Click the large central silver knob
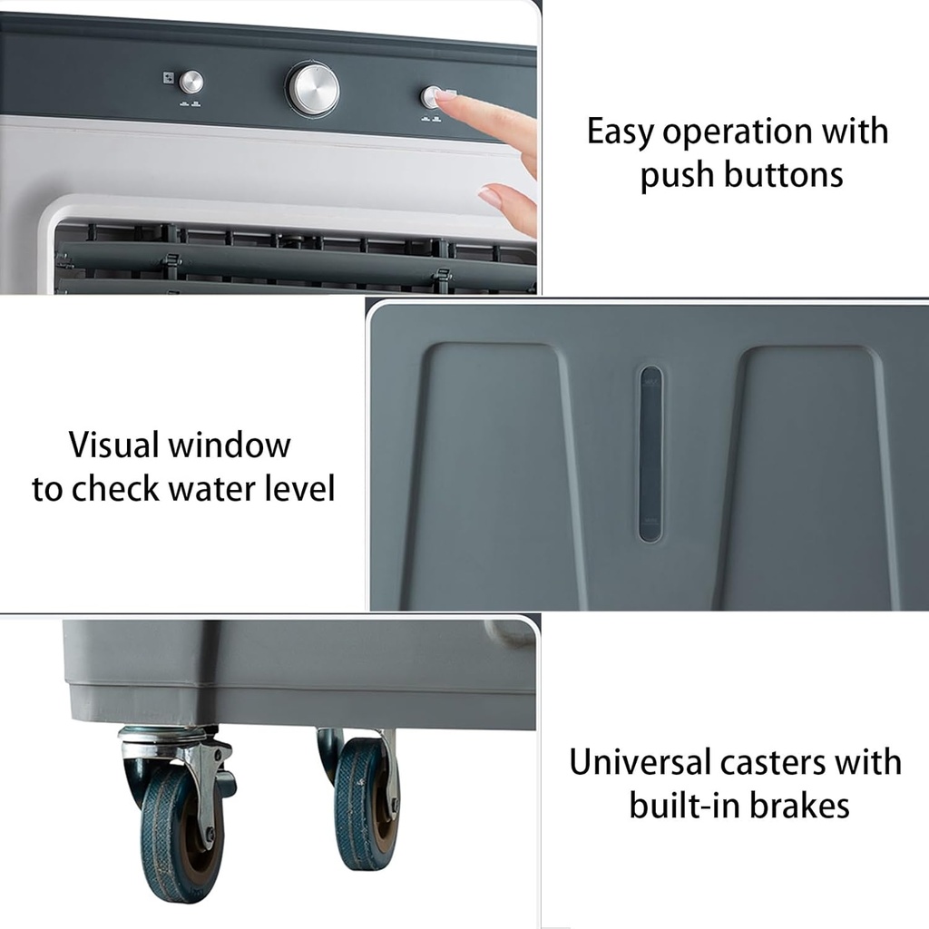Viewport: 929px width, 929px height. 312,89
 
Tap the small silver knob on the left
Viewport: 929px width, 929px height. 191,83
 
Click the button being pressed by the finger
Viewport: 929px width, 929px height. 431,96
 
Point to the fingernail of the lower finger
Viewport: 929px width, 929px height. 489,195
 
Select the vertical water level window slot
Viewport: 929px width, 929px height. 650,454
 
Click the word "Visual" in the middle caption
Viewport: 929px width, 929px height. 112,445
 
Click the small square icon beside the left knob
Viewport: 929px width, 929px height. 168,78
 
